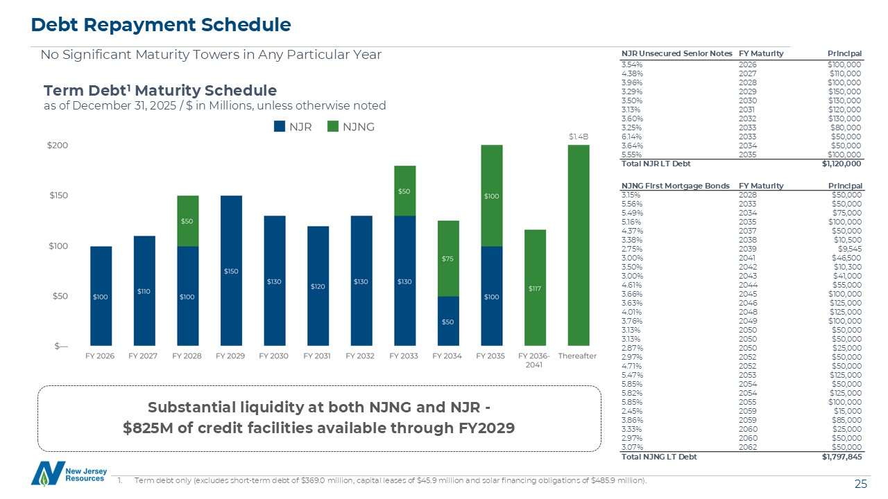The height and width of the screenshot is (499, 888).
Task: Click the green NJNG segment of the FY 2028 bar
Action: [x=188, y=221]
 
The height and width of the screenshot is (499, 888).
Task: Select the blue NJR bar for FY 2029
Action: [x=231, y=270]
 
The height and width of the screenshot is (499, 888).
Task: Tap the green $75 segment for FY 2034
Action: [x=447, y=259]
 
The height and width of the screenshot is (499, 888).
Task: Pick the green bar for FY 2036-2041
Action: [x=535, y=288]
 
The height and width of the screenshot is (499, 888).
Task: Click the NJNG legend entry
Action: [x=352, y=127]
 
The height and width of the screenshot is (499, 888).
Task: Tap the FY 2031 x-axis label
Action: [x=318, y=356]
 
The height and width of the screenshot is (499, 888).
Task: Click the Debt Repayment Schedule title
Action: [x=161, y=26]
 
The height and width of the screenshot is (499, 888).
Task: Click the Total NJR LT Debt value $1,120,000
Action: [x=842, y=164]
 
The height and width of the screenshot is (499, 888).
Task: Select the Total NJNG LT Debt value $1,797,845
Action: [x=842, y=457]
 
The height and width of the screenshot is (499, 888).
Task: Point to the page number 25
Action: [x=861, y=484]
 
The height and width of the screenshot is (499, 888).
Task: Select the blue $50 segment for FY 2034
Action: [x=447, y=322]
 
